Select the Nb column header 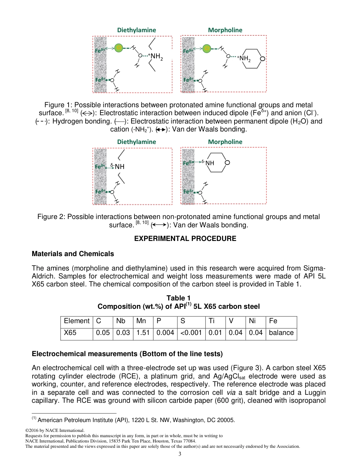(121, 321)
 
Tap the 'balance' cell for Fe (281, 333)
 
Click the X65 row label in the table (70, 333)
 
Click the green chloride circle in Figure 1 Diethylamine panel (119, 48)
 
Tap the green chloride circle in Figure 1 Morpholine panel (207, 48)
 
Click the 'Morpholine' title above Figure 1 (225, 30)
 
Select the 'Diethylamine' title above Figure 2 (136, 142)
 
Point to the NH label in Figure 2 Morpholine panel (210, 163)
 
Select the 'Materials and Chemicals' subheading (72, 253)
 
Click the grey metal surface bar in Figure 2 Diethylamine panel (100, 176)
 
